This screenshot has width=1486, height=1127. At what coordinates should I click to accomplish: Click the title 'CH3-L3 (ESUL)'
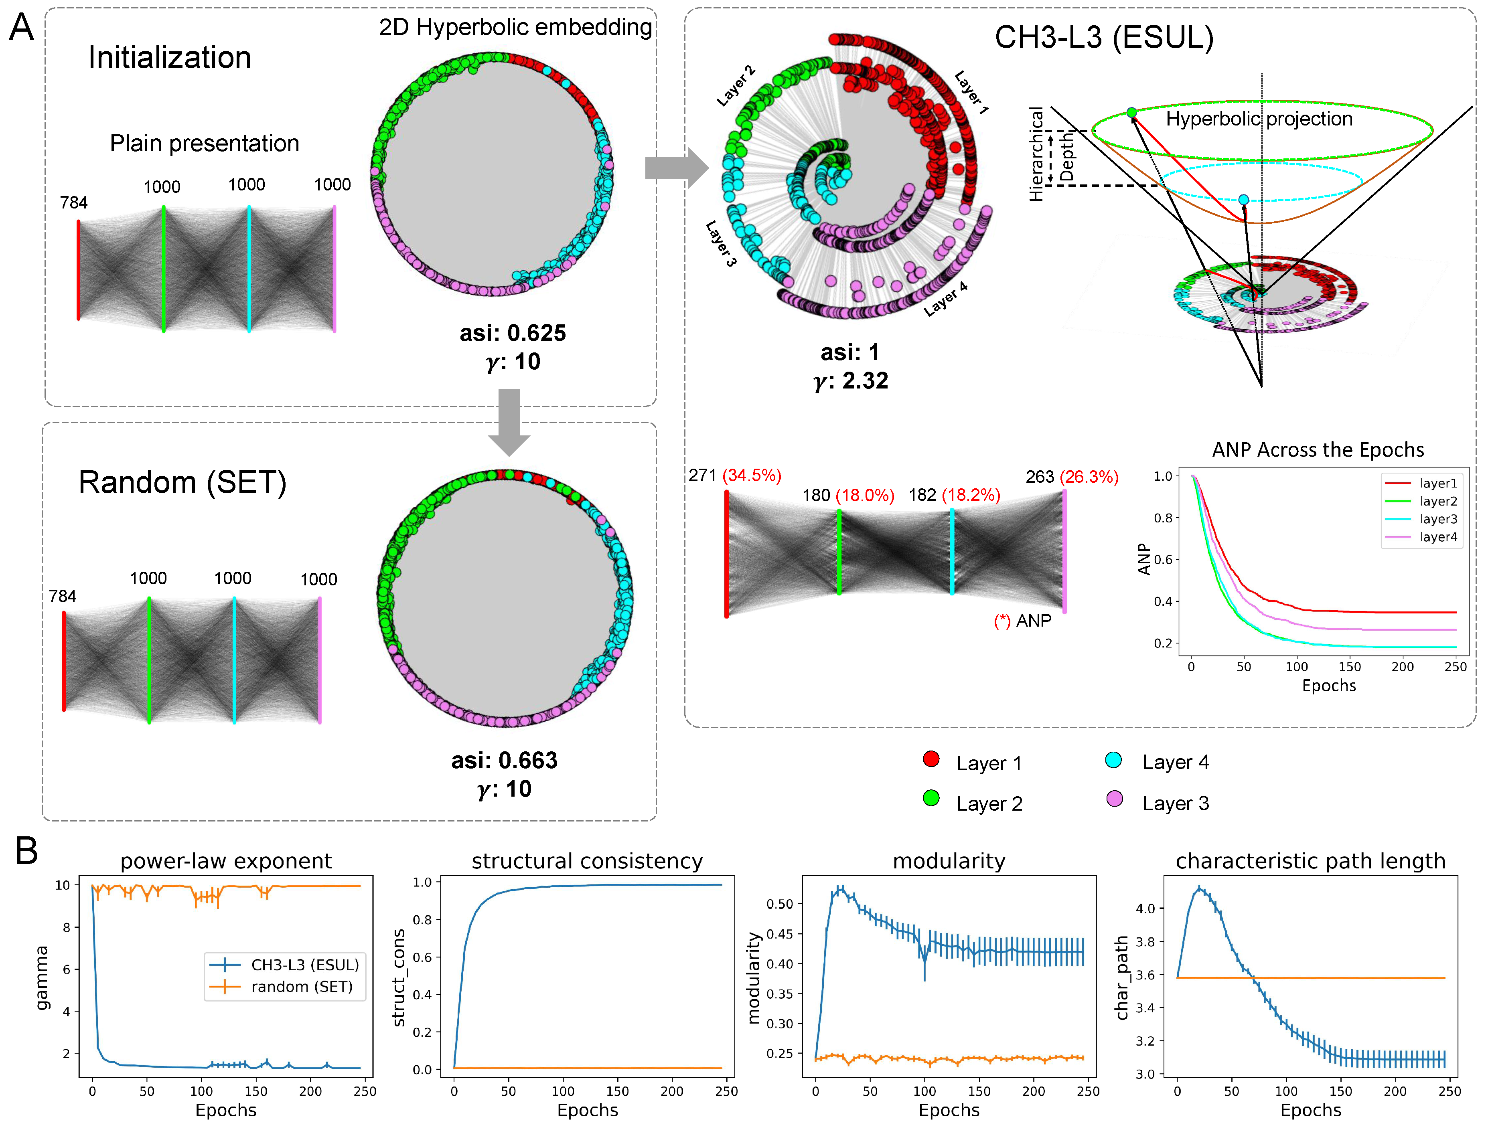1104,38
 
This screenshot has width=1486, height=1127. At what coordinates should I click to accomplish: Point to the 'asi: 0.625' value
513,333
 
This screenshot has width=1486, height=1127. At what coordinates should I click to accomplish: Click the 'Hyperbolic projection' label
1259,119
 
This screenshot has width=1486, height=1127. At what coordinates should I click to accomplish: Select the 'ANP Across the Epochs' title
1318,449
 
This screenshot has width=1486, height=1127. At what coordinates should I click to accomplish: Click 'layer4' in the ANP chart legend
1437,536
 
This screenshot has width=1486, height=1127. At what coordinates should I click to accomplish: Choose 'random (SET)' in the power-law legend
302,987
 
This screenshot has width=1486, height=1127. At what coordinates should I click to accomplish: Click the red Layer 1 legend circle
931,759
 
